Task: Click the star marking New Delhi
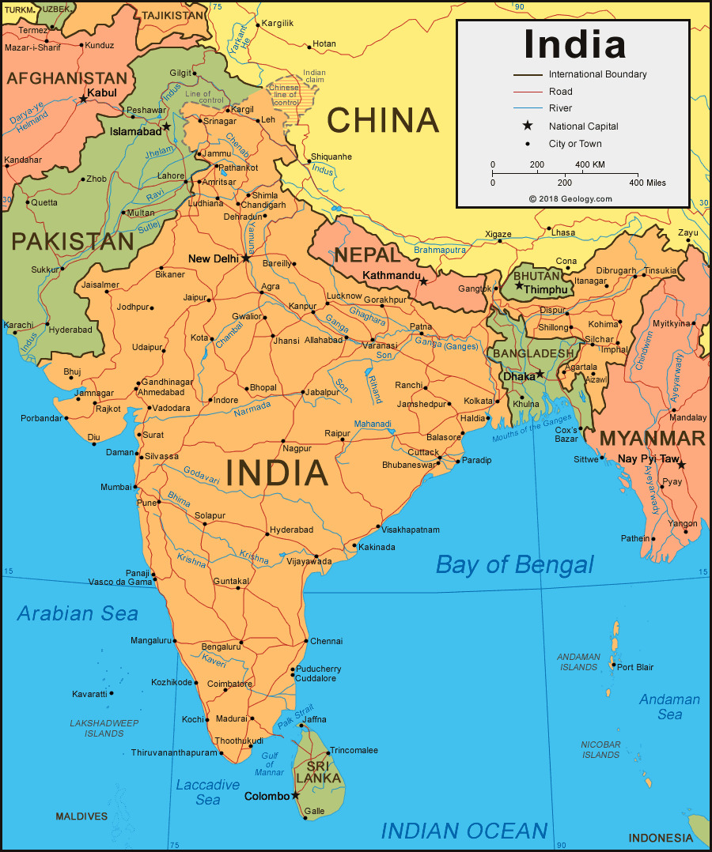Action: click(246, 258)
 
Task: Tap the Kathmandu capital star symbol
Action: click(424, 281)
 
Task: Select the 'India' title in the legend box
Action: click(574, 44)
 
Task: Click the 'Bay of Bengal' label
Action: click(514, 564)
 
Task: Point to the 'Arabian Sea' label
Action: click(78, 613)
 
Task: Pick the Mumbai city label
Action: click(115, 487)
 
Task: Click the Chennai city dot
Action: click(305, 641)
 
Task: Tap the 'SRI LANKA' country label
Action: click(318, 772)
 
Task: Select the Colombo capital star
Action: click(296, 795)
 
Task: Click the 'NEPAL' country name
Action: click(367, 254)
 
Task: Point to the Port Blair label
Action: click(635, 667)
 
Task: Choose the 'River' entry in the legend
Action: click(560, 108)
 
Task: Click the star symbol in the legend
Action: click(528, 126)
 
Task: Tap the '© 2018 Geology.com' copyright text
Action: click(570, 198)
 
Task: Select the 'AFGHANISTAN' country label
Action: click(66, 78)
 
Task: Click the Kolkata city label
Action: click(478, 401)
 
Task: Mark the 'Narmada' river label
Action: click(251, 409)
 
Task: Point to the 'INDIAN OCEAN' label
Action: click(464, 831)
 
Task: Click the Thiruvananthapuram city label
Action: click(173, 752)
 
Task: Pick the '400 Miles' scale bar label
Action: click(646, 183)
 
